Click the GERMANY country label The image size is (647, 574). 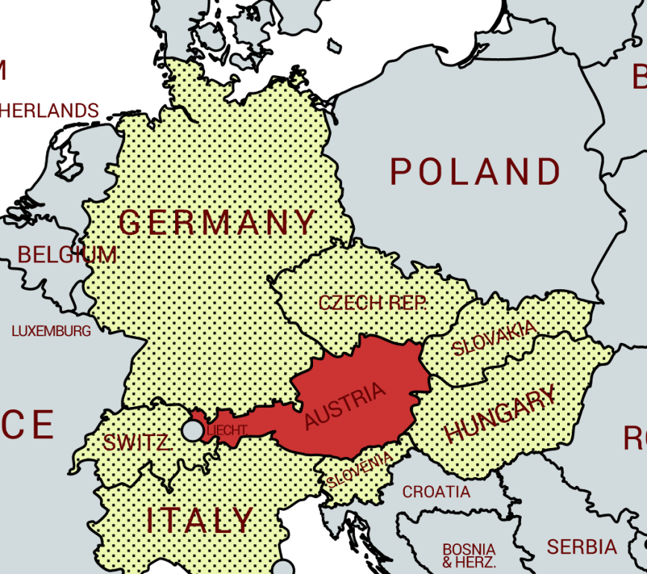point(218,223)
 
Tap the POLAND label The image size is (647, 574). point(476,172)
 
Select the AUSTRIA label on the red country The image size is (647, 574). point(346,406)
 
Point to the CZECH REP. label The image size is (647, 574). point(372,303)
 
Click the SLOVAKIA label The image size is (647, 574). point(494,338)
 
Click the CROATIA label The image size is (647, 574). point(437,492)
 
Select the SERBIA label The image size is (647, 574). point(582,547)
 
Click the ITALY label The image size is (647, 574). point(200,520)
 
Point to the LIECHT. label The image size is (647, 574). point(227,431)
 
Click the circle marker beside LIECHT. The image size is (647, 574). point(193,430)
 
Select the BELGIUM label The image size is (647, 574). point(68,255)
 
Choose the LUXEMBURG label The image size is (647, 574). point(51,331)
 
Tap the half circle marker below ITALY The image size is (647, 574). point(283,568)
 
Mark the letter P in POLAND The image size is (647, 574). point(400,172)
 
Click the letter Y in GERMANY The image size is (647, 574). point(305,223)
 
